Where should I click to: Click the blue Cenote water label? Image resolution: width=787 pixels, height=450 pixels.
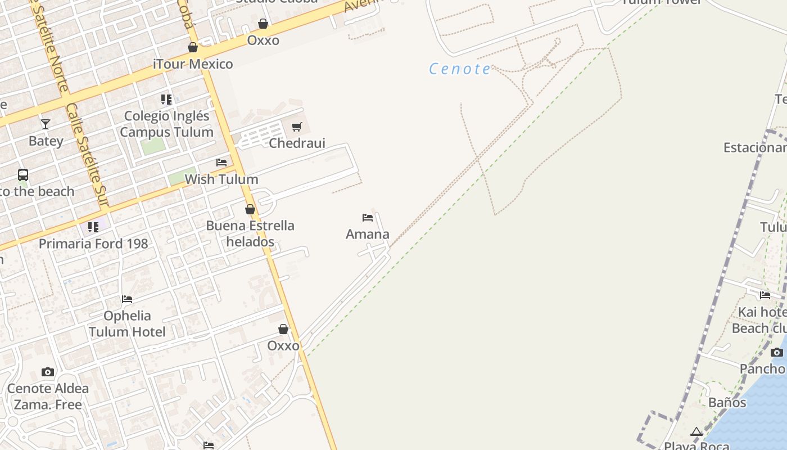(x=460, y=69)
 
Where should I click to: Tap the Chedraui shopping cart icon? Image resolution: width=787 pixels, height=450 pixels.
(x=297, y=127)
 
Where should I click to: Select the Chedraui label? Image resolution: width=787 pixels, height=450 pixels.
(x=297, y=143)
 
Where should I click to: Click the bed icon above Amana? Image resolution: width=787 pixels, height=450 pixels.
(x=368, y=217)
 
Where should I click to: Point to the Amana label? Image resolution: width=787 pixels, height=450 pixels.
(x=368, y=234)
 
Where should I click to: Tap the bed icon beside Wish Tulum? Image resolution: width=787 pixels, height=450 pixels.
(x=221, y=163)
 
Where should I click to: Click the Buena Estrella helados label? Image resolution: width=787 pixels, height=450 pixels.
(x=250, y=233)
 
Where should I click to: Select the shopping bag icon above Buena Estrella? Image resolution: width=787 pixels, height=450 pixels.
(x=250, y=209)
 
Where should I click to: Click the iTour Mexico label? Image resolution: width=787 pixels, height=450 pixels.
(x=193, y=64)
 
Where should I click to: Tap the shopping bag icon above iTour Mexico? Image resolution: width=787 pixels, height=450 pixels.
(x=193, y=47)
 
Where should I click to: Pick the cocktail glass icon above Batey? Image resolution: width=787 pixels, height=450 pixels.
(x=46, y=124)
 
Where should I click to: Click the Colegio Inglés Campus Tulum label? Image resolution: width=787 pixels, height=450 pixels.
(x=166, y=124)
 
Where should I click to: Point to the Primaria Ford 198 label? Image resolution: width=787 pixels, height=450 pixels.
(x=93, y=244)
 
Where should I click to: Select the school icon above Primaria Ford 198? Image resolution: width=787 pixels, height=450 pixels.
(x=93, y=227)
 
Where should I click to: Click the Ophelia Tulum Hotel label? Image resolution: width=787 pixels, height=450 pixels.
(x=127, y=323)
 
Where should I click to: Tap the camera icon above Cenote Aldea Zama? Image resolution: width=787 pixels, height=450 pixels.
(x=48, y=372)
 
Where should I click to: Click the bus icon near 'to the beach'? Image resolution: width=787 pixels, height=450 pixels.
(x=23, y=175)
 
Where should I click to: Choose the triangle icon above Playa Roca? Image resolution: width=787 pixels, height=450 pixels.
(x=696, y=432)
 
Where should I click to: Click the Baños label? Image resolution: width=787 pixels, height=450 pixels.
(x=727, y=402)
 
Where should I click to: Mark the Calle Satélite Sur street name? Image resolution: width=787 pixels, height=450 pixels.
(x=87, y=155)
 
